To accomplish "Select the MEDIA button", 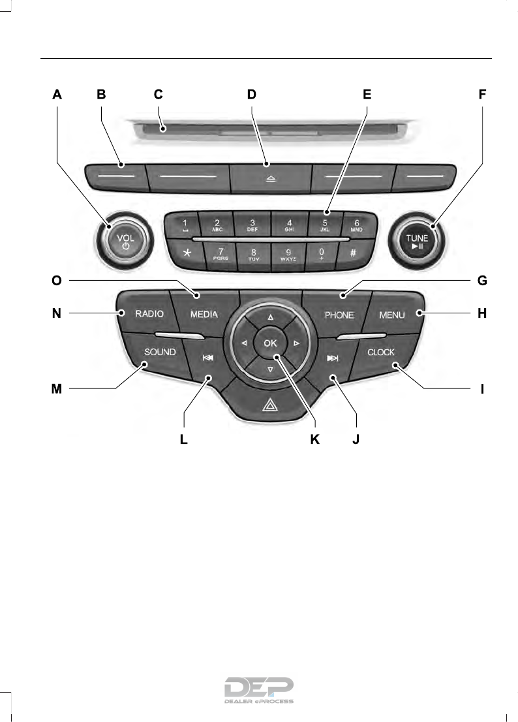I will [x=204, y=315].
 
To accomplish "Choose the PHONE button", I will [x=339, y=315].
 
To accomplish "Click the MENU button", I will [x=392, y=315].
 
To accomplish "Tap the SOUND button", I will [x=160, y=353].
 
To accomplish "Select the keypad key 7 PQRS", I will [x=221, y=253].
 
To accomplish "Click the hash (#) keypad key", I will [x=353, y=253].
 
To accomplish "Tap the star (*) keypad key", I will [x=187, y=253].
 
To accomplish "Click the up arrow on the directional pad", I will [x=270, y=316].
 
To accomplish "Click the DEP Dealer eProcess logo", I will [x=259, y=691].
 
